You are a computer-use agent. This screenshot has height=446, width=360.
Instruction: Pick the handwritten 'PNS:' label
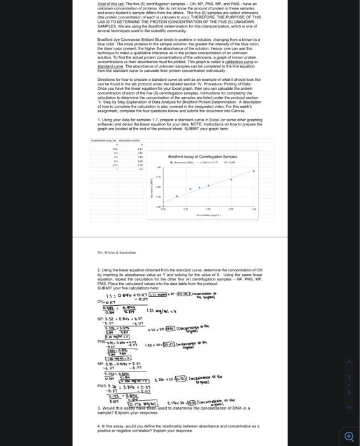click(102, 342)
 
